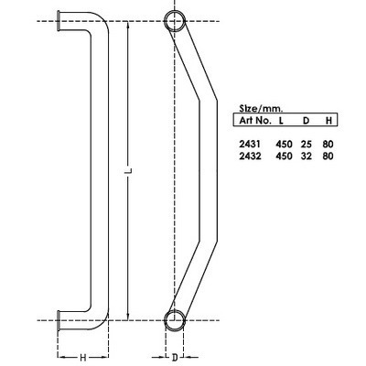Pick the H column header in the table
(x=328, y=120)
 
